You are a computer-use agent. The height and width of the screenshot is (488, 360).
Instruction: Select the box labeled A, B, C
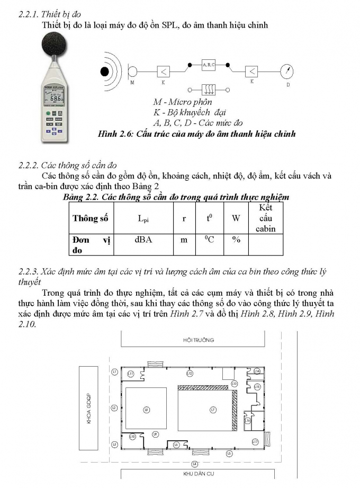[x=208, y=65]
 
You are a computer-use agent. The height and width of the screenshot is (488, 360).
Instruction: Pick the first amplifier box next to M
[x=163, y=71]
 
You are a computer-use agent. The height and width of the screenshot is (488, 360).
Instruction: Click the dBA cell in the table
[x=142, y=240]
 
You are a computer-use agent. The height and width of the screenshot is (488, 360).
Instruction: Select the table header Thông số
[x=90, y=218]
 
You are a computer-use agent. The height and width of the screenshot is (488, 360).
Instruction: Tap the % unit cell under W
[x=236, y=240]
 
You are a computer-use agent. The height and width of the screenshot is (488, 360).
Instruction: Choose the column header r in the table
[x=184, y=218]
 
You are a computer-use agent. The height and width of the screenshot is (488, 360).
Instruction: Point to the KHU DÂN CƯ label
[x=199, y=474]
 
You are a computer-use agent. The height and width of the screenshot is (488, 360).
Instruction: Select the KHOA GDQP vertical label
[x=89, y=408]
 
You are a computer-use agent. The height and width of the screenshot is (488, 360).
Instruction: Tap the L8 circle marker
[x=147, y=409]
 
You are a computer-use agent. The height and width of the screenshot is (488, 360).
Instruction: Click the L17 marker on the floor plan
[x=255, y=441]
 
